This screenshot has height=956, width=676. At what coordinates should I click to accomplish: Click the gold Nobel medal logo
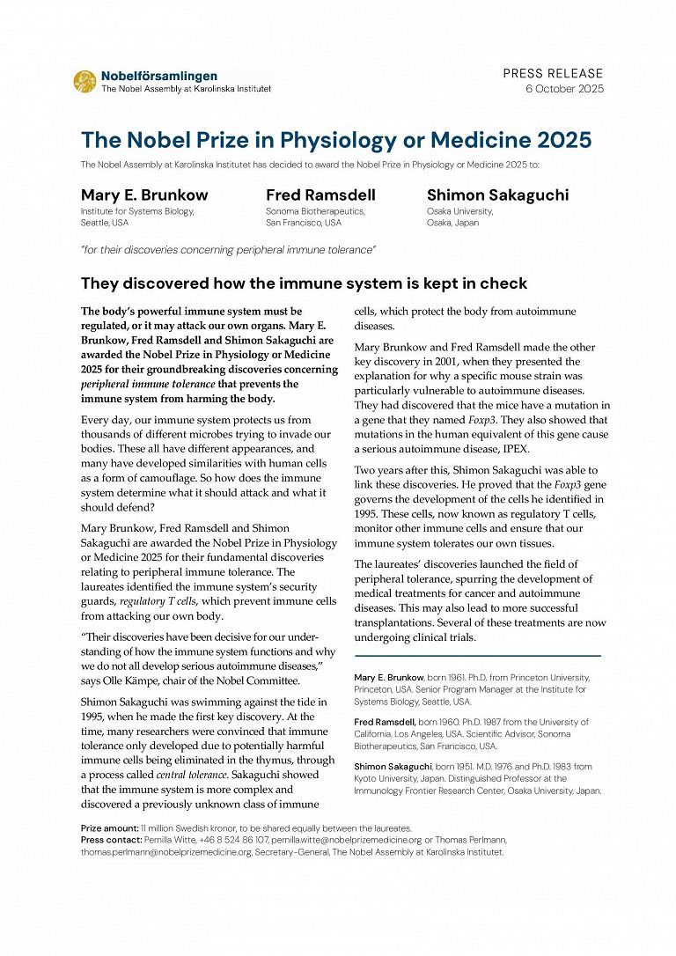click(x=85, y=82)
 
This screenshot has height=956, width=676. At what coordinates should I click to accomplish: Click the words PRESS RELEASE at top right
click(x=553, y=73)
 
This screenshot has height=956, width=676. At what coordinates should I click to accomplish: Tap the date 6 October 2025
click(x=564, y=89)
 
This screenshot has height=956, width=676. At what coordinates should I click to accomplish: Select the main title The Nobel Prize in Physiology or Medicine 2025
click(x=336, y=140)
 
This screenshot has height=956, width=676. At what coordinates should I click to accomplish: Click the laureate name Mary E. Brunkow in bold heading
click(x=144, y=195)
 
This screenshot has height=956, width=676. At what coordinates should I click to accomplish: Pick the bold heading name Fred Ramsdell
click(x=320, y=195)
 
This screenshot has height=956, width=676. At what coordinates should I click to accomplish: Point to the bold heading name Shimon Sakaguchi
click(x=497, y=195)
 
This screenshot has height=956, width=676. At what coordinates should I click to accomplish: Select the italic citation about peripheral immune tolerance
click(x=228, y=250)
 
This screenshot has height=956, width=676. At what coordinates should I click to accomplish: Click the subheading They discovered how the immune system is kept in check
click(x=304, y=283)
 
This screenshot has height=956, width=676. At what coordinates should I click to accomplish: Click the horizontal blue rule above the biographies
click(x=477, y=656)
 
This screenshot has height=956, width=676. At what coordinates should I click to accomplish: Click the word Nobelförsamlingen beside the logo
click(x=158, y=77)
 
